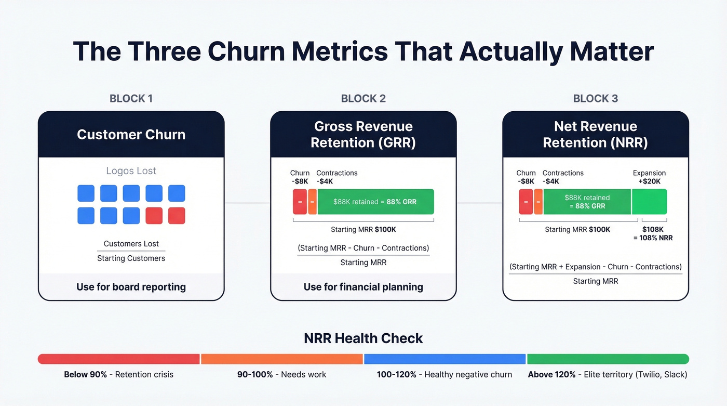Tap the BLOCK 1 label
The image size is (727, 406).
coord(131,98)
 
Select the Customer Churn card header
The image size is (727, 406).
coord(131,134)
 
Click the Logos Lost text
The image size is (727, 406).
coord(131,171)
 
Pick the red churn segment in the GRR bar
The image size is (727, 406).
coord(300,202)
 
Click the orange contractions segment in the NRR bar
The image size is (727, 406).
coord(538,202)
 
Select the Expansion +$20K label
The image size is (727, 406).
coord(649,177)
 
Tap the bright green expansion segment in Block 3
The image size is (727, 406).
coord(649,202)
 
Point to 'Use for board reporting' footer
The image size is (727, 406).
coord(131,286)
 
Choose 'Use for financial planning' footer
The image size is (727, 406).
coord(363,286)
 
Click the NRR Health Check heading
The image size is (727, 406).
coord(363,338)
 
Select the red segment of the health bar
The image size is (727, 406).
coord(119,359)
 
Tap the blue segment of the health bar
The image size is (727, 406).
coord(445,359)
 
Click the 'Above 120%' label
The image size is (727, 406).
coord(551,374)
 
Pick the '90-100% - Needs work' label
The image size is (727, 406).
coord(282,374)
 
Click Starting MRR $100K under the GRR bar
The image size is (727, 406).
coord(363,229)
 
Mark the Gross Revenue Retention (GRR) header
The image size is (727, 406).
coord(363,134)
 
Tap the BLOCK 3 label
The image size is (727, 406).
coord(595,98)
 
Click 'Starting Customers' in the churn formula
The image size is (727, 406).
coord(131,258)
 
